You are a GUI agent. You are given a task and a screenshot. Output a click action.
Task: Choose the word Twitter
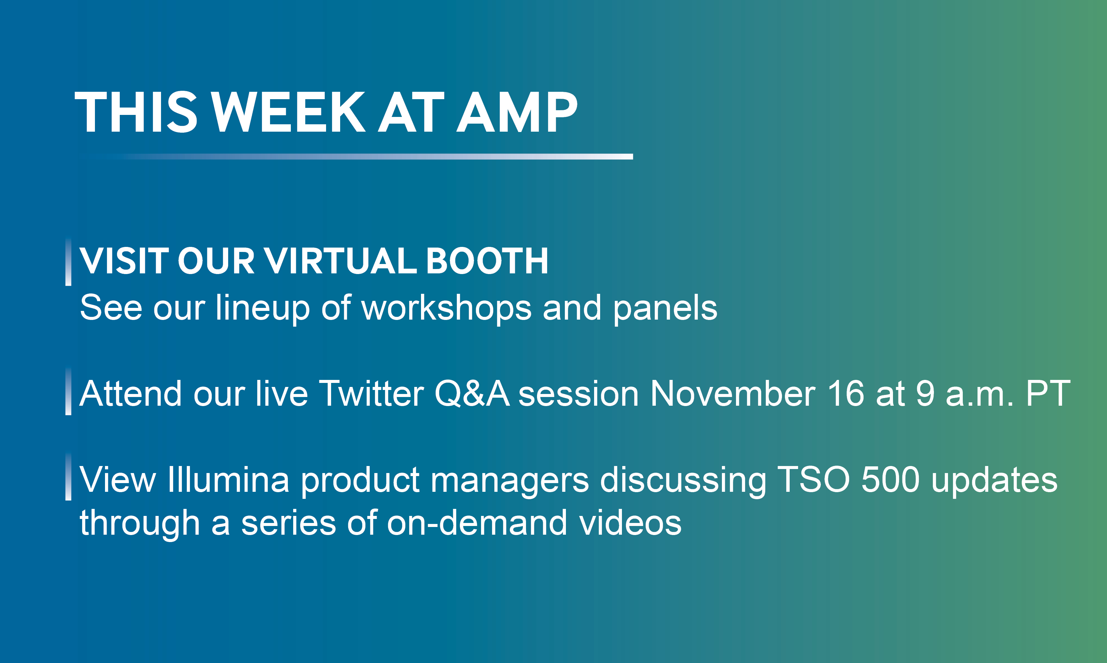[371, 394]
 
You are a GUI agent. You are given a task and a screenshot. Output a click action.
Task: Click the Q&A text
[472, 394]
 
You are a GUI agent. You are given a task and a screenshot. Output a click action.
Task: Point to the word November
[732, 394]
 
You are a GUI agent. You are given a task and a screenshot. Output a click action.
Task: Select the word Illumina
[228, 479]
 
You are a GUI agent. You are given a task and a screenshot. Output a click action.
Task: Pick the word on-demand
[477, 522]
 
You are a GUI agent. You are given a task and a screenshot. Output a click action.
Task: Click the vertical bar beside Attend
[68, 391]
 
